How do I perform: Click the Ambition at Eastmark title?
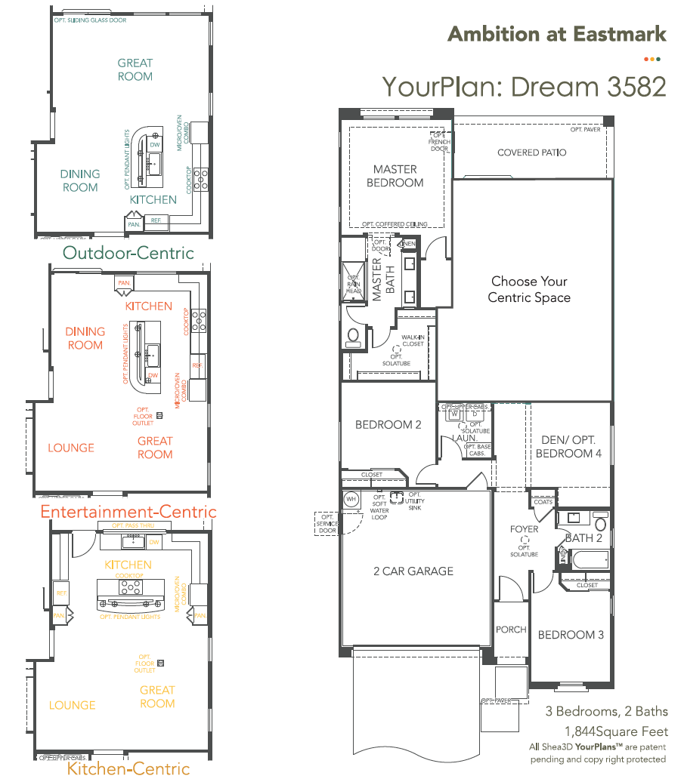tap(557, 34)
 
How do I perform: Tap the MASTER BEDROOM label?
tap(395, 176)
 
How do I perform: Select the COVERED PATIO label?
tap(531, 152)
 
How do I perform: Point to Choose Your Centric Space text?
tap(529, 289)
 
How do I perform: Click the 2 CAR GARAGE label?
tap(413, 571)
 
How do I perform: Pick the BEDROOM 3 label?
tap(571, 635)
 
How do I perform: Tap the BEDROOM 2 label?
tap(388, 425)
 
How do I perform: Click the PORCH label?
tap(511, 630)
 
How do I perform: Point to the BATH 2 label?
tap(583, 538)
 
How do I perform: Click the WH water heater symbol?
tap(351, 499)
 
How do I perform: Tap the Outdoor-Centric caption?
tap(128, 253)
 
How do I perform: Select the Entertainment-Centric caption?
tap(128, 513)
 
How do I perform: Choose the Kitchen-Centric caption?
tap(128, 769)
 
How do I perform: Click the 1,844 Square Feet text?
tap(616, 731)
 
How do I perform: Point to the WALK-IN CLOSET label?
tap(413, 340)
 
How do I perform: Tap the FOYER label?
tap(524, 529)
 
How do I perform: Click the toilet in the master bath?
tap(353, 336)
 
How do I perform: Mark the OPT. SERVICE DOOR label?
tap(327, 525)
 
